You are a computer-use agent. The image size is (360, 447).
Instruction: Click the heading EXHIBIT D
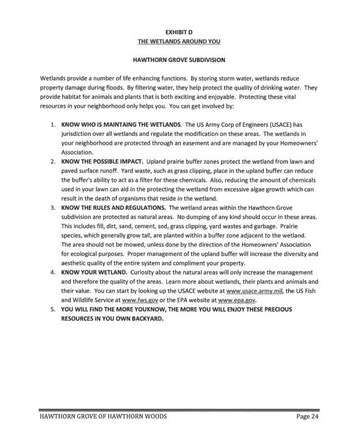(180, 32)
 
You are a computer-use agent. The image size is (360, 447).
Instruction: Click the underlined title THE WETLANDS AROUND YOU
(180, 41)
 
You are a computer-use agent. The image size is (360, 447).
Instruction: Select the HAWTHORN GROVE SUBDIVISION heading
(180, 59)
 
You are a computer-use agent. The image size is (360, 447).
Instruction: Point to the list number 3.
(52, 208)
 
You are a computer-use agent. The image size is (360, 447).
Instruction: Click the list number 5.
(52, 309)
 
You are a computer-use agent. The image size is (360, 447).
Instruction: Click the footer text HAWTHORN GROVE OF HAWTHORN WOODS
(103, 417)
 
